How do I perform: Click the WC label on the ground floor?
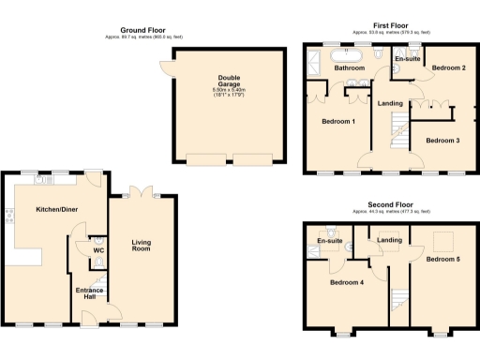97,250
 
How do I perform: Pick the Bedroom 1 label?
338,122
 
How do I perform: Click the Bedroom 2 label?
450,68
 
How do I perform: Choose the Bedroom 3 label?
442,140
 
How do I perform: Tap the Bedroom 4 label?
348,282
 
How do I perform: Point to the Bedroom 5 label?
444,258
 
